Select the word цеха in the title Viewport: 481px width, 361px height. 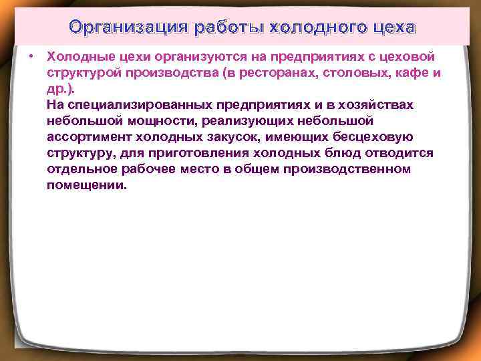pos(394,28)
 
